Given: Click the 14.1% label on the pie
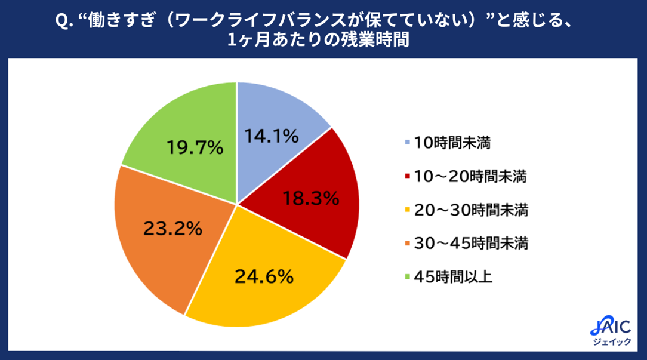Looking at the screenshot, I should coord(271,137).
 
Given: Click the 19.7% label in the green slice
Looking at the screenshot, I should coord(195,147).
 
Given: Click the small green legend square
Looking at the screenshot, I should coord(408,277).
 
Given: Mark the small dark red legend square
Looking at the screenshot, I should coord(408,177).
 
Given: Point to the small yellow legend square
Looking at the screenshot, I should coord(408,210).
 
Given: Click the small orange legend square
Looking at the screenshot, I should coord(408,244).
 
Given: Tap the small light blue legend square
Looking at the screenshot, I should coord(408,143).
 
